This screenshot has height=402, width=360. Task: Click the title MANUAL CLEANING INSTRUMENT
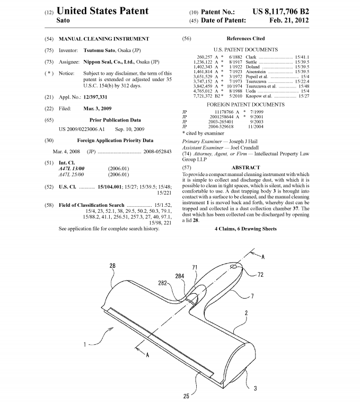click(104, 39)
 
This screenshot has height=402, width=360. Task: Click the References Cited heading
click(245, 39)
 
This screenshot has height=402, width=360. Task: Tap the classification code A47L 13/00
click(72, 168)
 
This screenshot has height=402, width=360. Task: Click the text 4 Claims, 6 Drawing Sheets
click(245, 229)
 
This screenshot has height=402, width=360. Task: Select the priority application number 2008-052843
click(158, 151)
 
